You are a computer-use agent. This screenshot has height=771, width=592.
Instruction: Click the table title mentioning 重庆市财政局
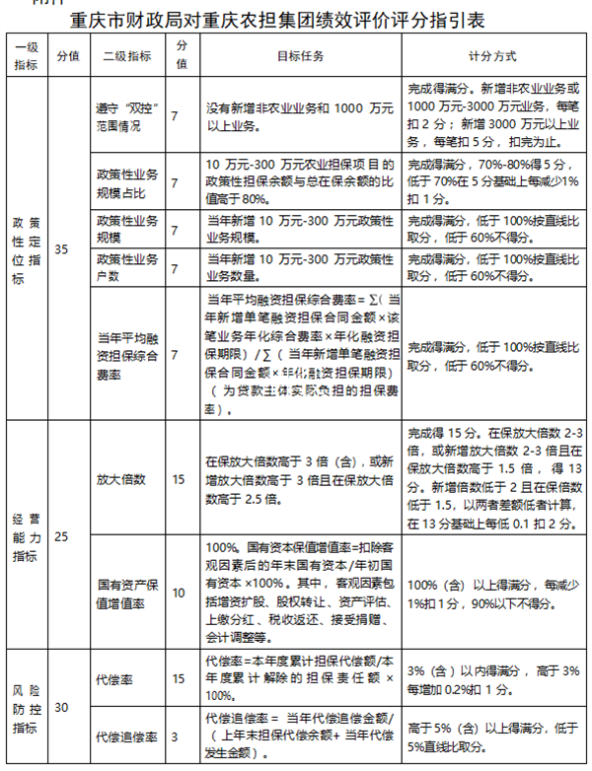[295, 19]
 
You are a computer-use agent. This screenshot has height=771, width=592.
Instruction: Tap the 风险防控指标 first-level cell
[28, 707]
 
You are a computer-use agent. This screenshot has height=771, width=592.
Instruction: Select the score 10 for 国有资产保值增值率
[179, 593]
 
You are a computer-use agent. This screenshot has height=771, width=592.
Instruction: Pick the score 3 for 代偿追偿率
[179, 736]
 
